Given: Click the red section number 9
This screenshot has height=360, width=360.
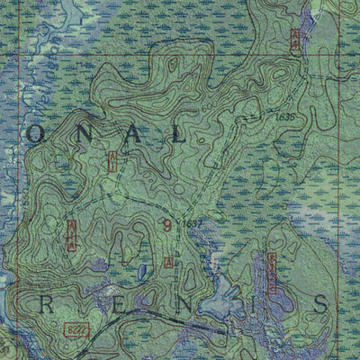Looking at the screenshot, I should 166,227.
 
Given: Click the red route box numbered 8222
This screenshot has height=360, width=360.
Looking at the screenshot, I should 76,332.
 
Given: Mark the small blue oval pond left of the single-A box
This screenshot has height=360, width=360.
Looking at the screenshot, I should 142,271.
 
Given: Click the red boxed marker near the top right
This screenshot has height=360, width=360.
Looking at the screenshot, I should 295,39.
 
